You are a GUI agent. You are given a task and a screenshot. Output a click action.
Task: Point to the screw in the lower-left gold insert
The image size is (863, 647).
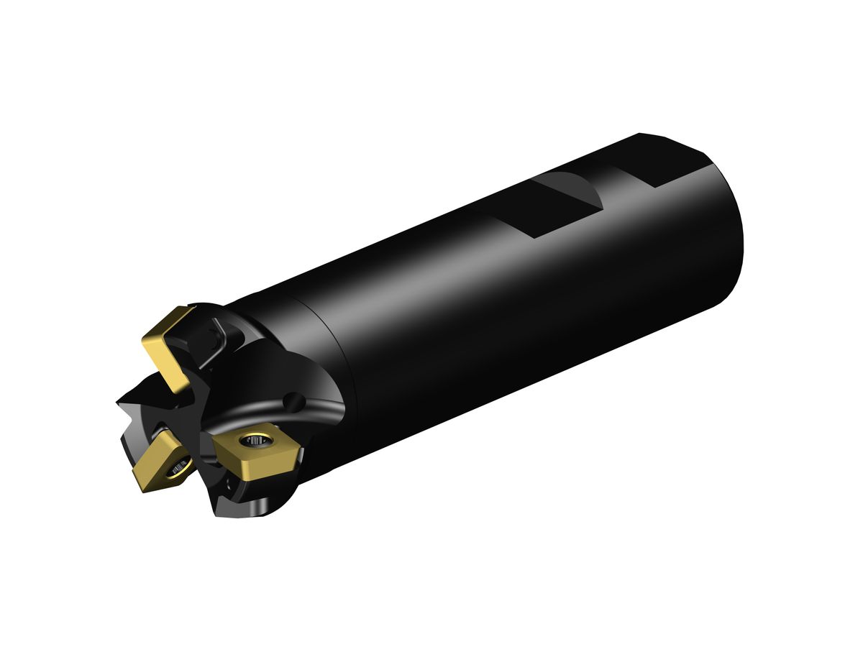point(176,469)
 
